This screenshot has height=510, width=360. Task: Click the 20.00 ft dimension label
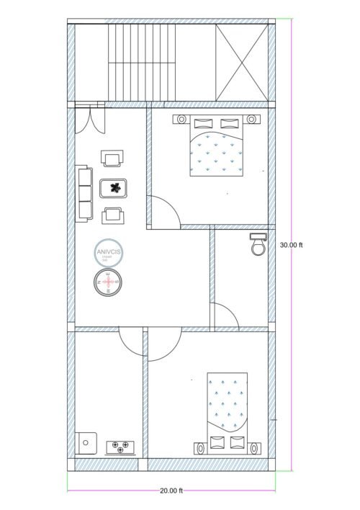[x=171, y=491]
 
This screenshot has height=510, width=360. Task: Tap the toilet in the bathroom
[x=258, y=244]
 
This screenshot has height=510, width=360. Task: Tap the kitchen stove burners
[x=121, y=447]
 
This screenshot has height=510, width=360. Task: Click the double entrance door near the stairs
[x=91, y=119]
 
